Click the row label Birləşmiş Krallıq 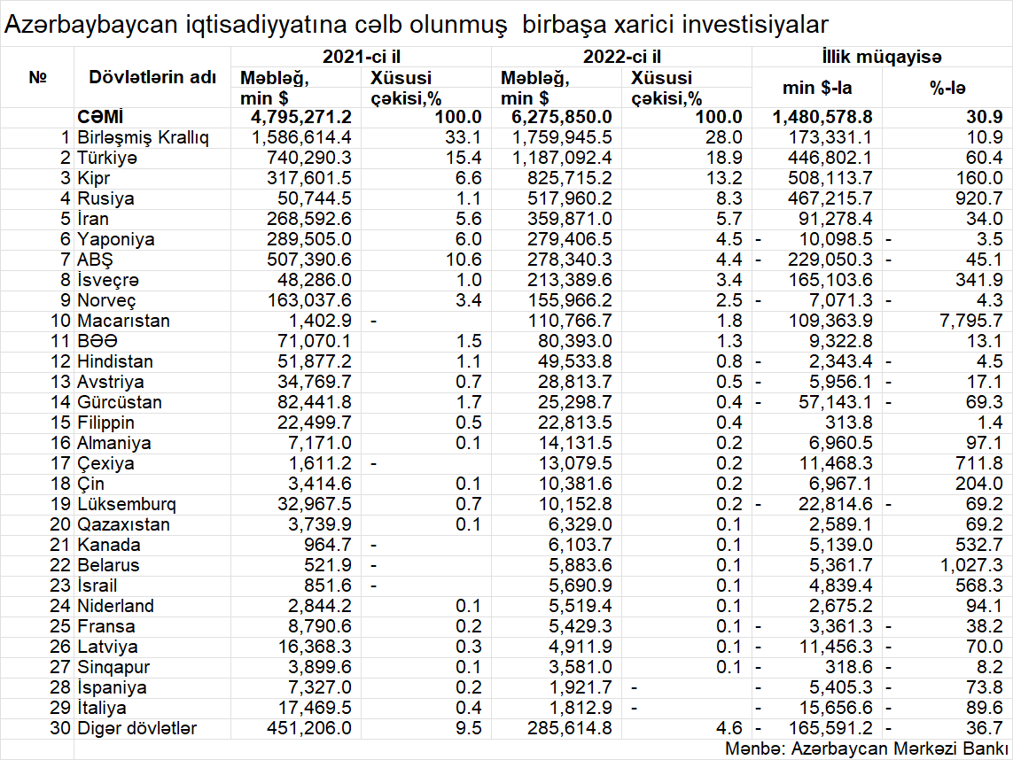[x=144, y=137]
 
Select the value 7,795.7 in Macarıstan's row [x=969, y=321]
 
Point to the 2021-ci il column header [x=360, y=57]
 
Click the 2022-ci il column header [x=621, y=57]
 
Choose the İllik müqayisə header [x=881, y=57]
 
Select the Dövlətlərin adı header [x=152, y=77]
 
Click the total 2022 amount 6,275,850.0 [x=556, y=117]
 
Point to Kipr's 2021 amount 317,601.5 [x=302, y=178]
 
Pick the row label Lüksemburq [x=127, y=504]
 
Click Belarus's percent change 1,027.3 [x=969, y=565]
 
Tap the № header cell [x=37, y=77]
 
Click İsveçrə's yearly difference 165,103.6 [x=829, y=280]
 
